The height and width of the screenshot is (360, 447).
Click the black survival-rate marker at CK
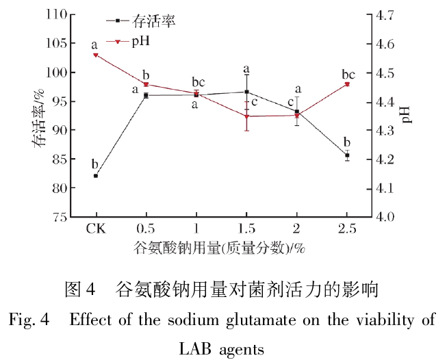pyautogui.click(x=96, y=176)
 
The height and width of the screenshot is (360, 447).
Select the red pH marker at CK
pyautogui.click(x=96, y=55)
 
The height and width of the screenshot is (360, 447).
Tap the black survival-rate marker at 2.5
pyautogui.click(x=347, y=155)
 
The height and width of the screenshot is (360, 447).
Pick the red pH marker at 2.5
pyautogui.click(x=347, y=84)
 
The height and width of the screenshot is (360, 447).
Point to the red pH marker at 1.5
pyautogui.click(x=246, y=116)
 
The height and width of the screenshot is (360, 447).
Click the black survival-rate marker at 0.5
pyautogui.click(x=146, y=95)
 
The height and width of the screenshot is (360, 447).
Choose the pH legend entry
pyautogui.click(x=142, y=41)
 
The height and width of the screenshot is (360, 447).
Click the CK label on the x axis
pyautogui.click(x=96, y=229)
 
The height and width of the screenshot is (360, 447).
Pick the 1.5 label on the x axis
pyautogui.click(x=246, y=229)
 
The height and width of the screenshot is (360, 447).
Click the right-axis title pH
pyautogui.click(x=408, y=115)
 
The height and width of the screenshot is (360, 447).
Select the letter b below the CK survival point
pyautogui.click(x=95, y=164)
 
